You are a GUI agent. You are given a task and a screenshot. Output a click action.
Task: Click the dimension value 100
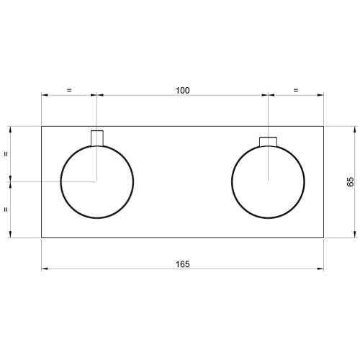(x=182, y=91)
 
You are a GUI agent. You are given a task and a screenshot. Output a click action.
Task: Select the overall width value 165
(x=182, y=264)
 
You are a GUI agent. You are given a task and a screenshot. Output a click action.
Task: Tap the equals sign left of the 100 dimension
(x=69, y=91)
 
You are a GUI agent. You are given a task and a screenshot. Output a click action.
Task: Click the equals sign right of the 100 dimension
(x=296, y=91)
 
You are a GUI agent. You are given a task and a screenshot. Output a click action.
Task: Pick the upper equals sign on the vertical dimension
(x=6, y=153)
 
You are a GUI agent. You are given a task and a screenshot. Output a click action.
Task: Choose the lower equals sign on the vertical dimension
(x=6, y=210)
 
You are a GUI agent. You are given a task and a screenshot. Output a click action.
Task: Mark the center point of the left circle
(x=97, y=181)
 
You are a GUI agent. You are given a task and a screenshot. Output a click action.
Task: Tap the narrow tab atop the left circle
(x=97, y=137)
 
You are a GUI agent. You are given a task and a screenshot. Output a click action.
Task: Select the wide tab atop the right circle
(x=269, y=140)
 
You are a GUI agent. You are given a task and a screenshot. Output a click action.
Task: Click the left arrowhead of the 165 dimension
(x=44, y=269)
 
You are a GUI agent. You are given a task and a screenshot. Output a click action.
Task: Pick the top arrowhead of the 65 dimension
(x=354, y=129)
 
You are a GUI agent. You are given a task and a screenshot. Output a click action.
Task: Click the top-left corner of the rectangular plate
(x=41, y=126)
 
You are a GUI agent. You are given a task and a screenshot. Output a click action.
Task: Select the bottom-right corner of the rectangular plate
(x=324, y=237)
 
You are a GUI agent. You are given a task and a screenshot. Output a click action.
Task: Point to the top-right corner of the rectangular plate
(x=324, y=126)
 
